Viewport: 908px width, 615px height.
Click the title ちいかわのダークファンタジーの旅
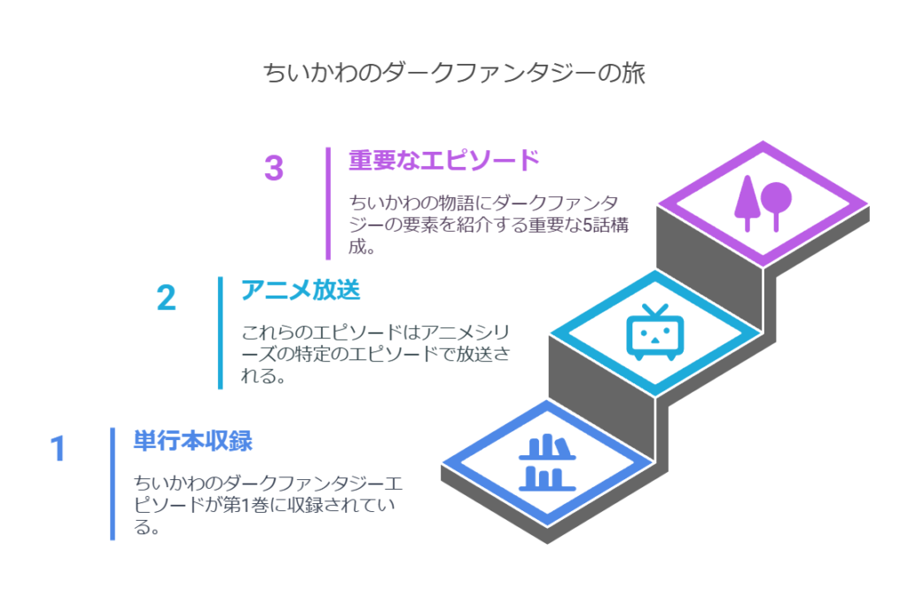coord(454,74)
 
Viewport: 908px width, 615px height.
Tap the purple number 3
coord(274,168)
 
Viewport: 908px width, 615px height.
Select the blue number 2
coord(166,298)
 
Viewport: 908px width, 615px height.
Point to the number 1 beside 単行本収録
coord(58,448)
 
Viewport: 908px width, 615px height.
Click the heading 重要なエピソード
coord(443,160)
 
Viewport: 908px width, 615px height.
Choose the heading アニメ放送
coord(301,289)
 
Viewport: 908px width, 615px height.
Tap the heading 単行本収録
coord(192,440)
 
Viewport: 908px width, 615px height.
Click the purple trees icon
coord(763,203)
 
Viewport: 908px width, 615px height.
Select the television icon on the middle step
coord(655,332)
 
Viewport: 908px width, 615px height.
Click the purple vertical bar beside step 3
coord(328,203)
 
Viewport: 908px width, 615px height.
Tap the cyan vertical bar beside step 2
coord(220,333)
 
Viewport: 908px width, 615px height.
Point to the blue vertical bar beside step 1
coord(113,484)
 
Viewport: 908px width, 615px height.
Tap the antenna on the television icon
coord(655,311)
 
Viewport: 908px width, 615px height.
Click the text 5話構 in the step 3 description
coord(605,225)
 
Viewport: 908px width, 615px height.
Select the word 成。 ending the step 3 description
coord(362,247)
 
